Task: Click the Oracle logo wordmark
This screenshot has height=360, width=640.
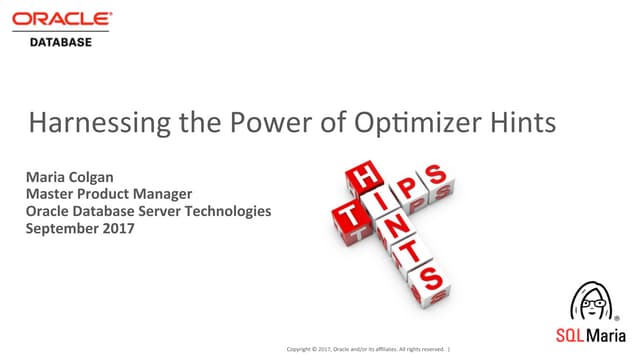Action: click(62, 19)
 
